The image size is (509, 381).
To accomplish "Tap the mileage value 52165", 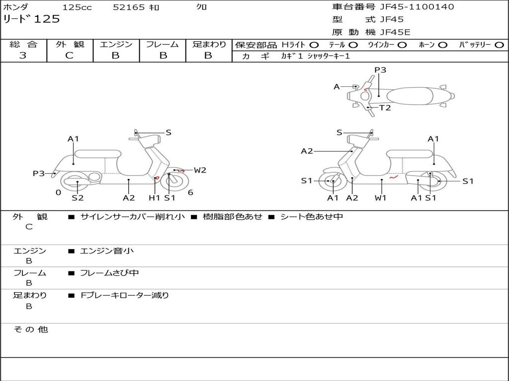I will coord(129,7).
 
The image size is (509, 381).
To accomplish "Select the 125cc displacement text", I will coord(74,7).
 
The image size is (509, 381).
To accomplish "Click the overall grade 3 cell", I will coord(23,56).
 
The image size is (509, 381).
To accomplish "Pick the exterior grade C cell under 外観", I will coord(69,56).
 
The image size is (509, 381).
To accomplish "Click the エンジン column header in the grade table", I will coord(116,44).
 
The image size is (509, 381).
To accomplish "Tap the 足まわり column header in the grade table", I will coord(209,44).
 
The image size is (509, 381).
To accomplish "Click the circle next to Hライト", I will coord(314,45).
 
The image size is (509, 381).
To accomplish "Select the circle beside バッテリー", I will coord(499,45).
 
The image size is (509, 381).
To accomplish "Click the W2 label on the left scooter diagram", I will coord(200,170).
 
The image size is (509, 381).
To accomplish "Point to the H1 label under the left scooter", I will coord(155,198).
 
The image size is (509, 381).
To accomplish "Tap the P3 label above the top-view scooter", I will coord(380,70).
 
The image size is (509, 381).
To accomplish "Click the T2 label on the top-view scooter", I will coord(385,108).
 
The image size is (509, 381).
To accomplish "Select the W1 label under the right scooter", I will coord(381,198).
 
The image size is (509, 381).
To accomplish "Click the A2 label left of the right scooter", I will coord(307,151).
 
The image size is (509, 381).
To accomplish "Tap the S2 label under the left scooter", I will coord(78,198).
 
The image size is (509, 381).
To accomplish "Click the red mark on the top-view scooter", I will coord(366,90).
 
